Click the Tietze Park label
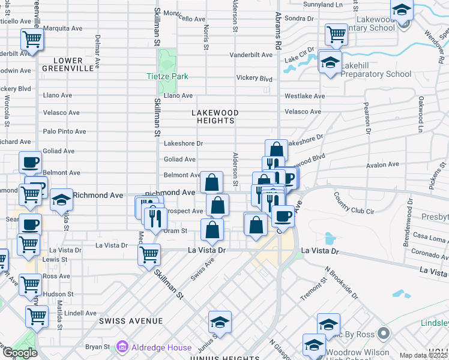click(x=167, y=76)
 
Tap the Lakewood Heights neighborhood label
click(x=215, y=116)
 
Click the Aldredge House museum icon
click(x=123, y=347)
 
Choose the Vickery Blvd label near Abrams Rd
click(x=255, y=79)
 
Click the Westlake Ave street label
click(x=304, y=96)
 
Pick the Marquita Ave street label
click(x=62, y=28)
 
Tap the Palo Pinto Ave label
click(x=64, y=131)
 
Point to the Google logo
click(x=19, y=353)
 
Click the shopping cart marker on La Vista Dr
click(x=149, y=254)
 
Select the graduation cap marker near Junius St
click(x=220, y=323)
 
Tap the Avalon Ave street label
click(x=384, y=164)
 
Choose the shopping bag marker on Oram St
click(x=212, y=229)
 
